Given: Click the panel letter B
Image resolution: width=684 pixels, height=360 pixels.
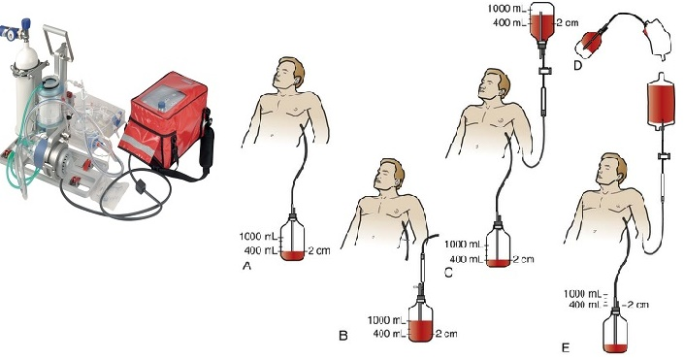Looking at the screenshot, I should point(342,337).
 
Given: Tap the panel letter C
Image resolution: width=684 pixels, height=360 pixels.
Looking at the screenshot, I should point(449,273).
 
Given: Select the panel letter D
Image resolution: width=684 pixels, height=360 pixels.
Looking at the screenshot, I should point(577,66).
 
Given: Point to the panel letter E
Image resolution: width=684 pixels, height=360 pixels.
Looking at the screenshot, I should point(565,344).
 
